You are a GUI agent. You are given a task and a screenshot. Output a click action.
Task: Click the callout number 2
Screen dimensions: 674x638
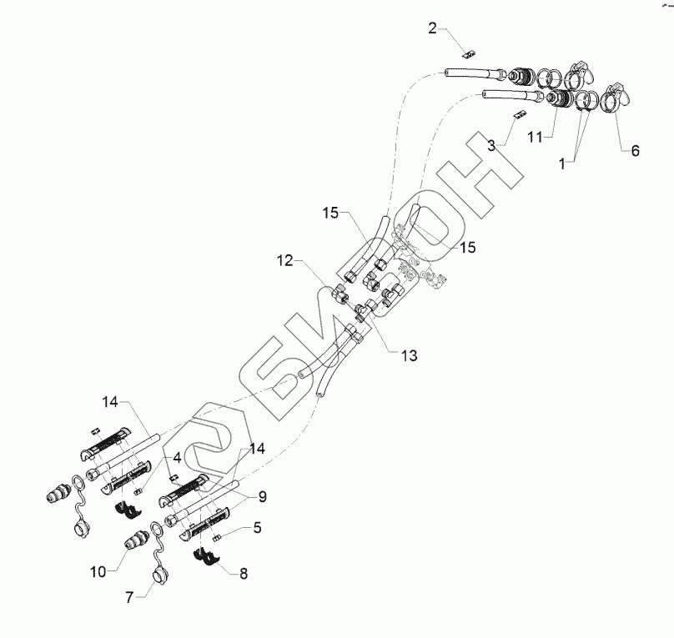pyautogui.click(x=432, y=29)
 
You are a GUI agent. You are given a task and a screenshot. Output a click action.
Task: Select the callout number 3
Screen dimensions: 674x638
pyautogui.click(x=492, y=144)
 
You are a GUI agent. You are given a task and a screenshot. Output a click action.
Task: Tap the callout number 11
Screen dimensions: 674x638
pyautogui.click(x=536, y=134)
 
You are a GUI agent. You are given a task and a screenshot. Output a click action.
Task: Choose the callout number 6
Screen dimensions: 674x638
pyautogui.click(x=635, y=151)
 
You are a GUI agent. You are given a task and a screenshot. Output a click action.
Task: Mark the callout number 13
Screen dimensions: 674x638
pyautogui.click(x=409, y=355)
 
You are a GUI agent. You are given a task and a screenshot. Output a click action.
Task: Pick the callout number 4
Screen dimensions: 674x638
pyautogui.click(x=177, y=458)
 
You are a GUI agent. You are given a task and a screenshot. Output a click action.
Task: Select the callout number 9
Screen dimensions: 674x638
pyautogui.click(x=262, y=496)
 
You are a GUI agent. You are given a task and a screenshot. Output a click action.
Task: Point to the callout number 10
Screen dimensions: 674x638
pyautogui.click(x=98, y=571)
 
